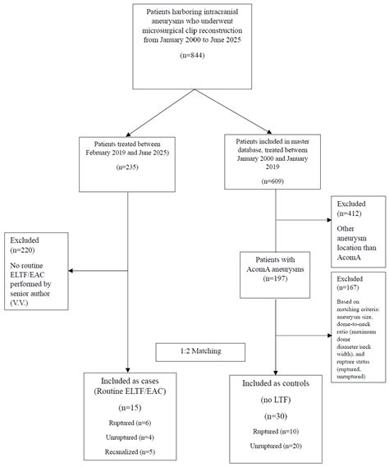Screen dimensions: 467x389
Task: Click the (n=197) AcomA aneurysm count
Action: coord(274,278)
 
